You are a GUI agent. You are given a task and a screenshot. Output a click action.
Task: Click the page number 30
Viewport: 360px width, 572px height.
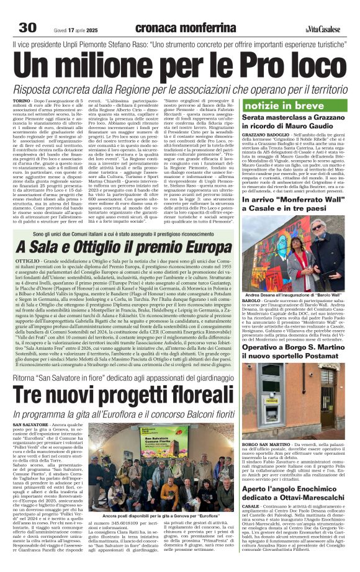(x=28, y=27)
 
